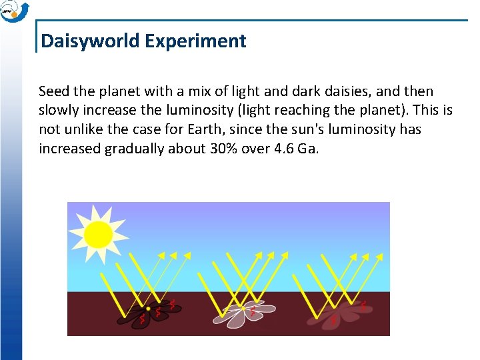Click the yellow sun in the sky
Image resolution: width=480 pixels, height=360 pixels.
98,234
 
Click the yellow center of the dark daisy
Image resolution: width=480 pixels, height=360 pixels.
148,309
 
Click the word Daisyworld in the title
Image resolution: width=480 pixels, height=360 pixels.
90,41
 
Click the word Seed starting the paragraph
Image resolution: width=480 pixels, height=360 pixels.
53,91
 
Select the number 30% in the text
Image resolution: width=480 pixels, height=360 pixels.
210,149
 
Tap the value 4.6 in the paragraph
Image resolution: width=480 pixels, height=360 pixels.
284,149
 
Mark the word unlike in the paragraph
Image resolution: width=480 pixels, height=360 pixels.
82,129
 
